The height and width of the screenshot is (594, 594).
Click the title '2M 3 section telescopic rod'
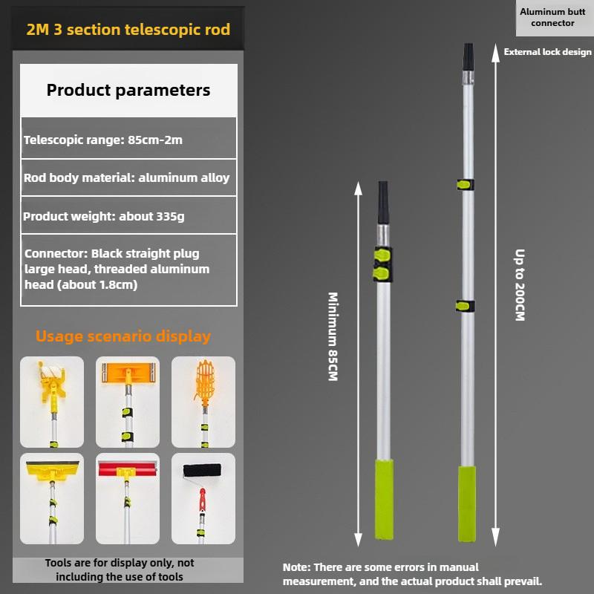pos(128,30)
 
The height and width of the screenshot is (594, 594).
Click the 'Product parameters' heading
pos(128,91)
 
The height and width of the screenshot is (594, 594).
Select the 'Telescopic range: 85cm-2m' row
pos(128,139)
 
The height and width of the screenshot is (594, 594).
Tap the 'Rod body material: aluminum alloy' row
pos(128,178)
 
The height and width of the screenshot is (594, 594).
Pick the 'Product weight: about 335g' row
pos(128,216)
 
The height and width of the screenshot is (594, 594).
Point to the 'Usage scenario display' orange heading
pos(123,336)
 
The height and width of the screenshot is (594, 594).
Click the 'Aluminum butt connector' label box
pos(547,19)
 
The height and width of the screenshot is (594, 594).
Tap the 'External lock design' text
pos(547,52)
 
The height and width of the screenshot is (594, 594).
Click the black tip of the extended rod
pos(468,56)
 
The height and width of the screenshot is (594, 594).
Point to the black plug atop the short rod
pos(383,202)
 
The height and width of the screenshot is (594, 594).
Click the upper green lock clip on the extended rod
pos(466,184)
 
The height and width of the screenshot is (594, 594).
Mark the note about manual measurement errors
pos(412,574)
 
